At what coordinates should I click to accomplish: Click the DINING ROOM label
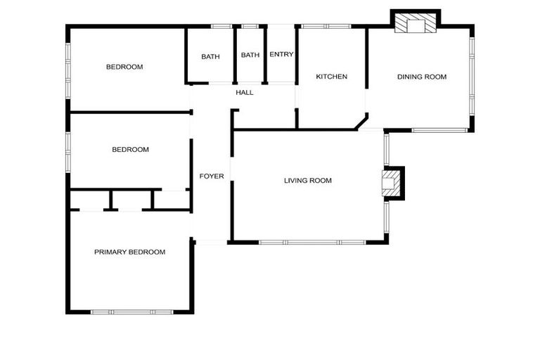coord(422,77)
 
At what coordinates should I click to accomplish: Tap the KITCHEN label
coord(331,77)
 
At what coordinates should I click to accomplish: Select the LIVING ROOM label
coord(307,181)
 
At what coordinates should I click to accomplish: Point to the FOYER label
coord(212,176)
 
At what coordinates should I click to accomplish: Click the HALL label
coord(245,92)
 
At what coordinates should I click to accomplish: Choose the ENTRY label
coord(281,55)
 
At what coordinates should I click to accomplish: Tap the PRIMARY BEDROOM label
coord(129,252)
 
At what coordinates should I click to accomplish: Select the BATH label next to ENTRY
coord(250,55)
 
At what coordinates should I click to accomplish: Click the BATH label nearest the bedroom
coord(210,57)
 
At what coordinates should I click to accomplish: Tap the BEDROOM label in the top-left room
coord(124,67)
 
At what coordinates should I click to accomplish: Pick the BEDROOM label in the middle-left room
coord(131,149)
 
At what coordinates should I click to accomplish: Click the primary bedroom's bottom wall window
coord(131,311)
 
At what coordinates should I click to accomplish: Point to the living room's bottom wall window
coord(311,243)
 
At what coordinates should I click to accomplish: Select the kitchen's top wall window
coord(326,27)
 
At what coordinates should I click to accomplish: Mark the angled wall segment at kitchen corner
coord(361,123)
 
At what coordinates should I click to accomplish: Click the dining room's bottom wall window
coord(439,130)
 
